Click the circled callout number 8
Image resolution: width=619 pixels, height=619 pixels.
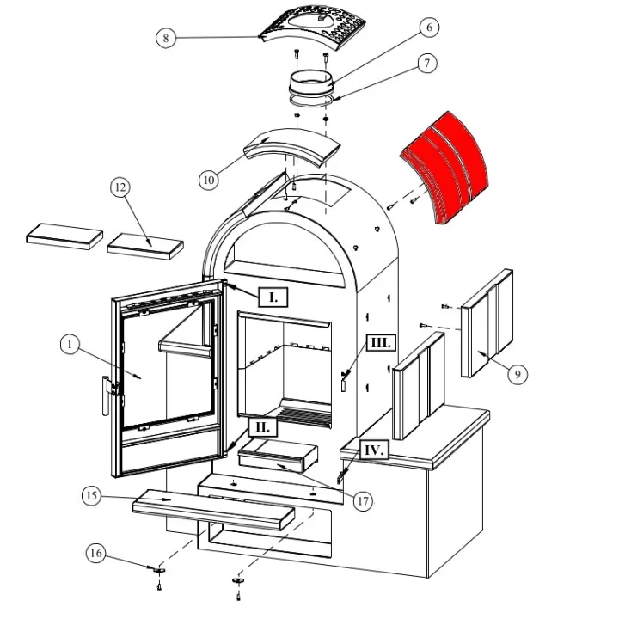point(166,38)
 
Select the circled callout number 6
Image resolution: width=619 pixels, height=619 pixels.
point(429,28)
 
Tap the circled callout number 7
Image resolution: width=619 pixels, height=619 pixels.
point(426,63)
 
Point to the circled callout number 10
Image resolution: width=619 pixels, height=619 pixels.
point(208,180)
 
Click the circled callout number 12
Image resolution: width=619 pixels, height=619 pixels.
point(120,187)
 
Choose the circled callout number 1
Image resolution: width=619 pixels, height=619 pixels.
point(70,344)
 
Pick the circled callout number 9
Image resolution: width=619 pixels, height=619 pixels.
point(518,374)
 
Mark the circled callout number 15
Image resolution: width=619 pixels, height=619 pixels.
point(92,496)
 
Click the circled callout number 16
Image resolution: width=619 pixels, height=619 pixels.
point(96,553)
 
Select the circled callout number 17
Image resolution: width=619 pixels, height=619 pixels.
point(363,501)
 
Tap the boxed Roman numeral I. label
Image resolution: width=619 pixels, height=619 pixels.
point(273,297)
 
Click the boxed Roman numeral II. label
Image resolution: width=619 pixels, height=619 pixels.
point(263,426)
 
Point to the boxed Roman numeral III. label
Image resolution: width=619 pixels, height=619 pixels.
point(381,343)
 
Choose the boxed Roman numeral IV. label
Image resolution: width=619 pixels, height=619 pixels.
point(374,450)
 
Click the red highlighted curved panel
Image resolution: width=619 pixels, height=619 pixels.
point(445,168)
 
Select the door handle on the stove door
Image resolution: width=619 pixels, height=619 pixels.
point(107,395)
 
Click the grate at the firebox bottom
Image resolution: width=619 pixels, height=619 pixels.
point(304,417)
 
